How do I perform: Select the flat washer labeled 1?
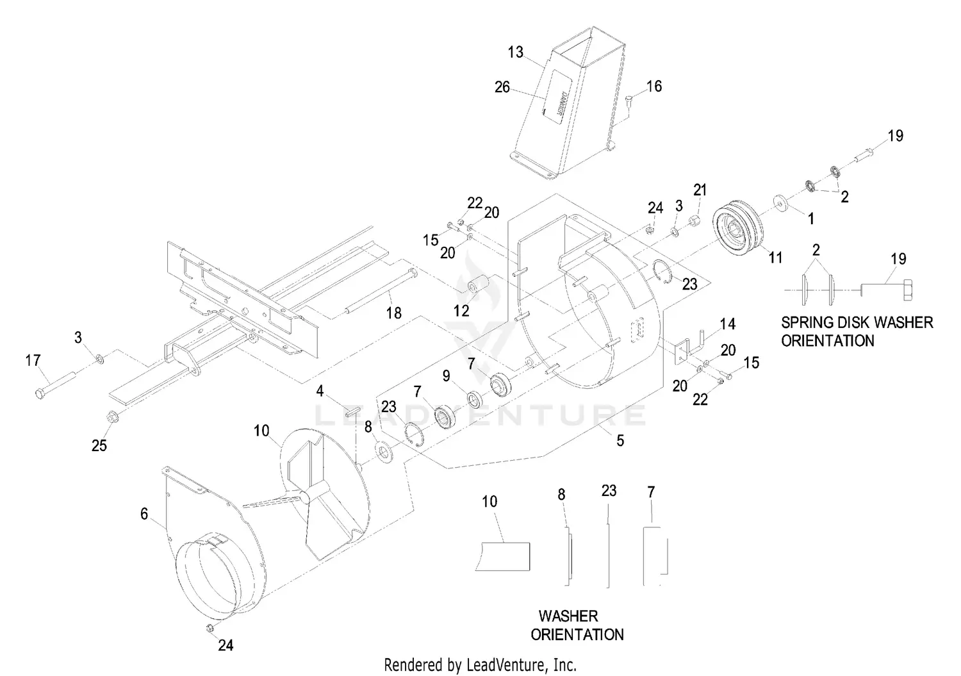pos(780,201)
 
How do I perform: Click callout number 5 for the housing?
pos(620,441)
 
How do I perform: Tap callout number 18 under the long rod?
pos(393,313)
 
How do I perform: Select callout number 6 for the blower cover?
pos(144,513)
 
